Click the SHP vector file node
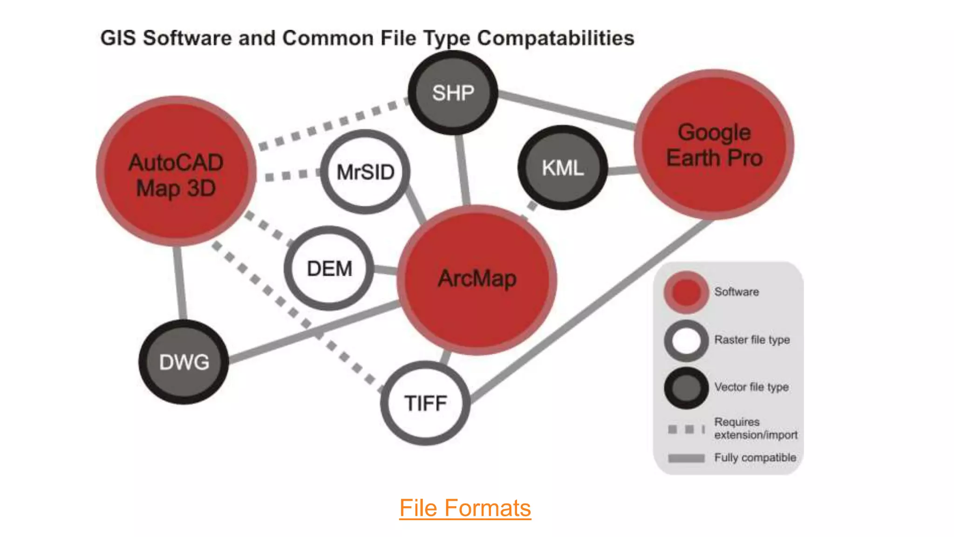tap(453, 93)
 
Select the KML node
tap(562, 168)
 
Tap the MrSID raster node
tap(365, 172)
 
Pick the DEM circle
tap(329, 268)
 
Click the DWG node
tap(184, 362)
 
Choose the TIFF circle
tap(425, 403)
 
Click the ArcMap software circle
tap(477, 279)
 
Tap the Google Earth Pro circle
tap(714, 145)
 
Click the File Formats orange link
tap(465, 508)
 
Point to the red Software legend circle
tap(686, 292)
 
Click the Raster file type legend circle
tap(686, 340)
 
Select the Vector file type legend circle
tap(686, 388)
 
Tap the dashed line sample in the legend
tap(686, 429)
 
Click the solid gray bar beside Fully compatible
tap(686, 458)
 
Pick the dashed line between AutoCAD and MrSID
tap(291, 176)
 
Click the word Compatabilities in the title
tap(555, 38)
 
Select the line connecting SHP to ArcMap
tap(463, 170)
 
